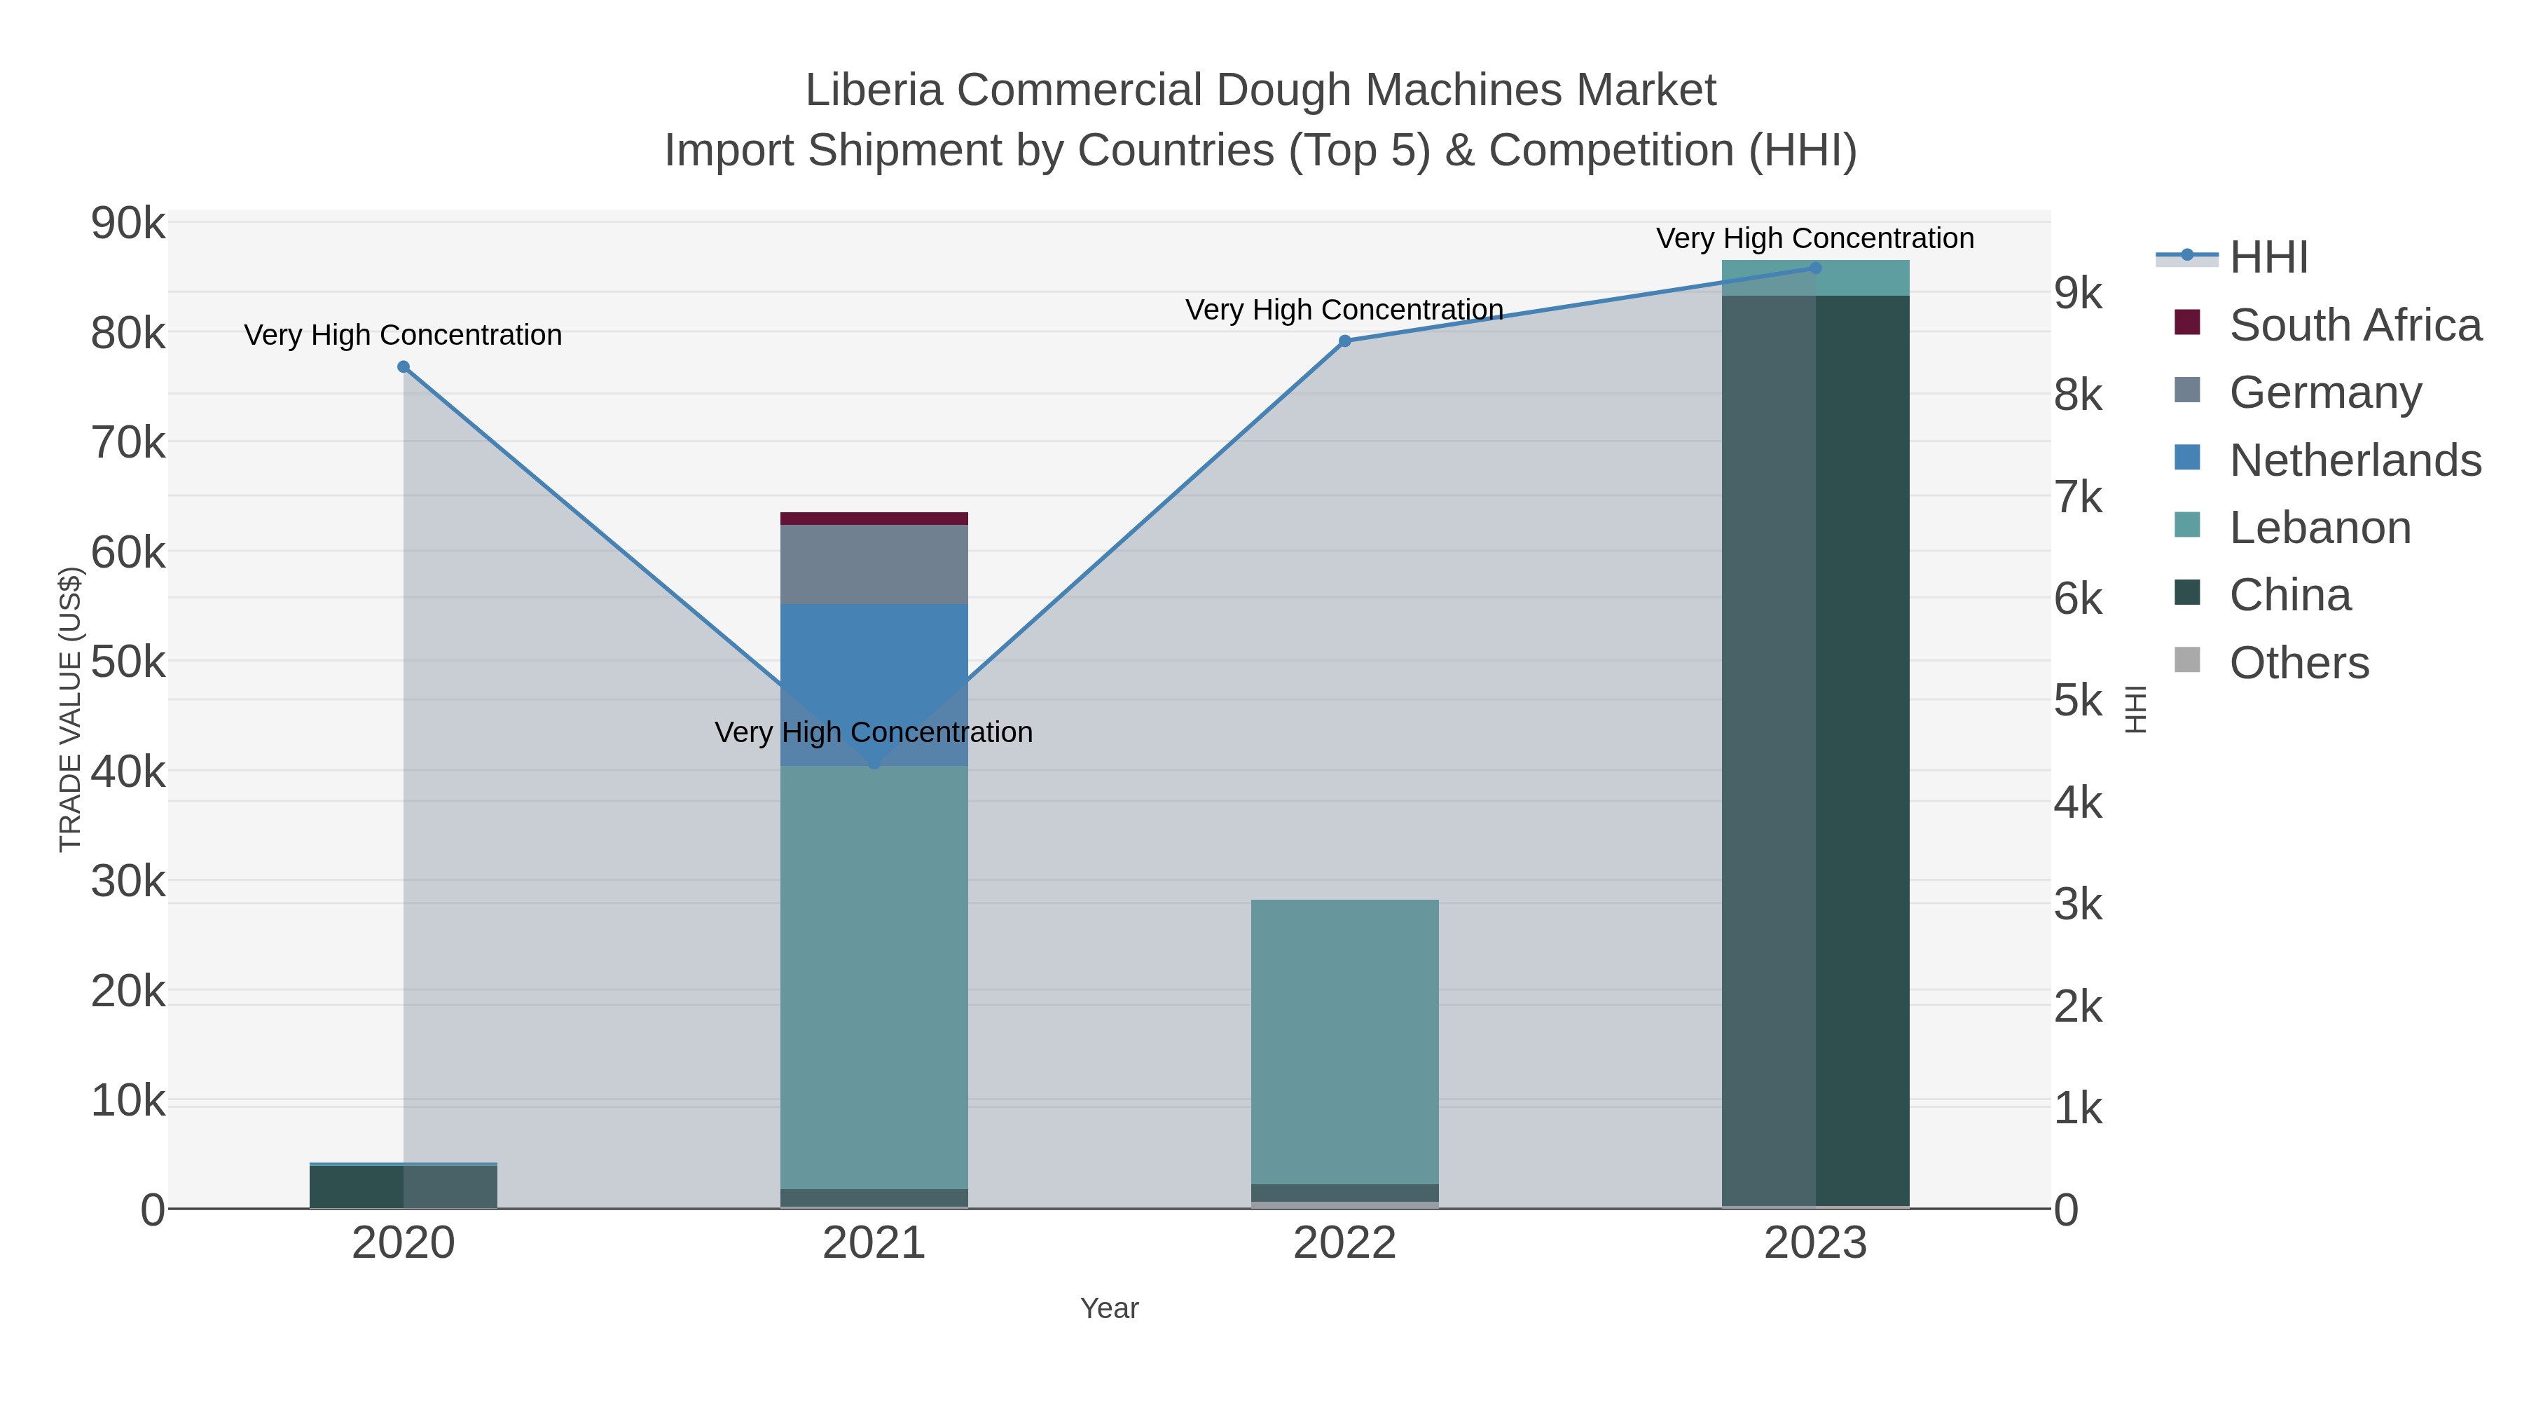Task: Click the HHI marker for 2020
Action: point(404,367)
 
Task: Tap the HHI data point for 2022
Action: point(1344,341)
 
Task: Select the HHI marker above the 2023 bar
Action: point(1815,268)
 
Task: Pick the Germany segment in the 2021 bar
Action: point(874,565)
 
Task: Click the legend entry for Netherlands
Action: point(2355,460)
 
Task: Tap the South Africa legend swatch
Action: point(2187,323)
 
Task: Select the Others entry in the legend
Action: point(2298,663)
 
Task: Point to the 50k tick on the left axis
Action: point(128,663)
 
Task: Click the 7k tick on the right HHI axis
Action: point(2078,498)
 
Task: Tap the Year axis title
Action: point(1108,1308)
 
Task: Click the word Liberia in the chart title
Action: point(874,90)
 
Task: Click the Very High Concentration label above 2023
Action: point(1814,238)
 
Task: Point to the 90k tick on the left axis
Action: point(128,224)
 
